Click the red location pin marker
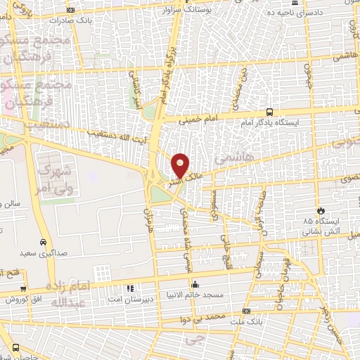(181, 165)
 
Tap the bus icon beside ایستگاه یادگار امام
(270, 111)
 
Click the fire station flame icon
(321, 210)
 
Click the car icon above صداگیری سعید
(44, 241)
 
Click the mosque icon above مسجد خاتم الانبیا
(195, 285)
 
